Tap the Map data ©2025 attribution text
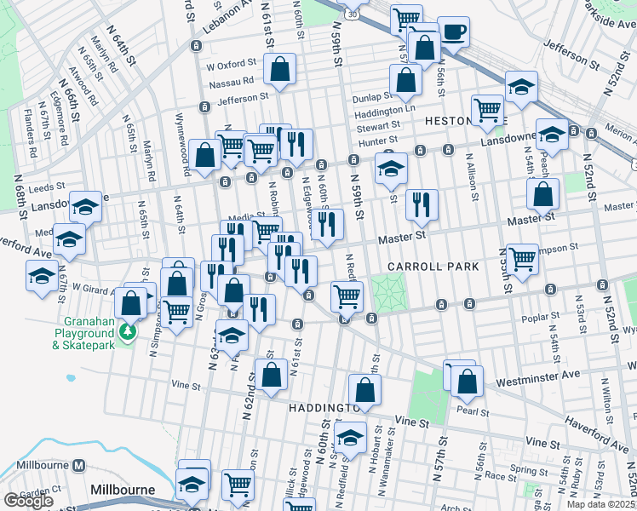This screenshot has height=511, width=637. (x=601, y=504)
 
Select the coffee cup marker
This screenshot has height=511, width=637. (x=452, y=33)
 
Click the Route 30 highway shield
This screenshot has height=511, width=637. (x=353, y=13)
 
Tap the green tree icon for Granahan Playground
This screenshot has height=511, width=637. (x=127, y=330)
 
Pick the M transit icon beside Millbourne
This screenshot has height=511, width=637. (x=79, y=466)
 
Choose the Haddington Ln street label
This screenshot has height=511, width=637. (x=384, y=111)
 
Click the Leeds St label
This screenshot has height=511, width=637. (x=46, y=187)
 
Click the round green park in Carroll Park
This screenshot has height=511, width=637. (x=387, y=295)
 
